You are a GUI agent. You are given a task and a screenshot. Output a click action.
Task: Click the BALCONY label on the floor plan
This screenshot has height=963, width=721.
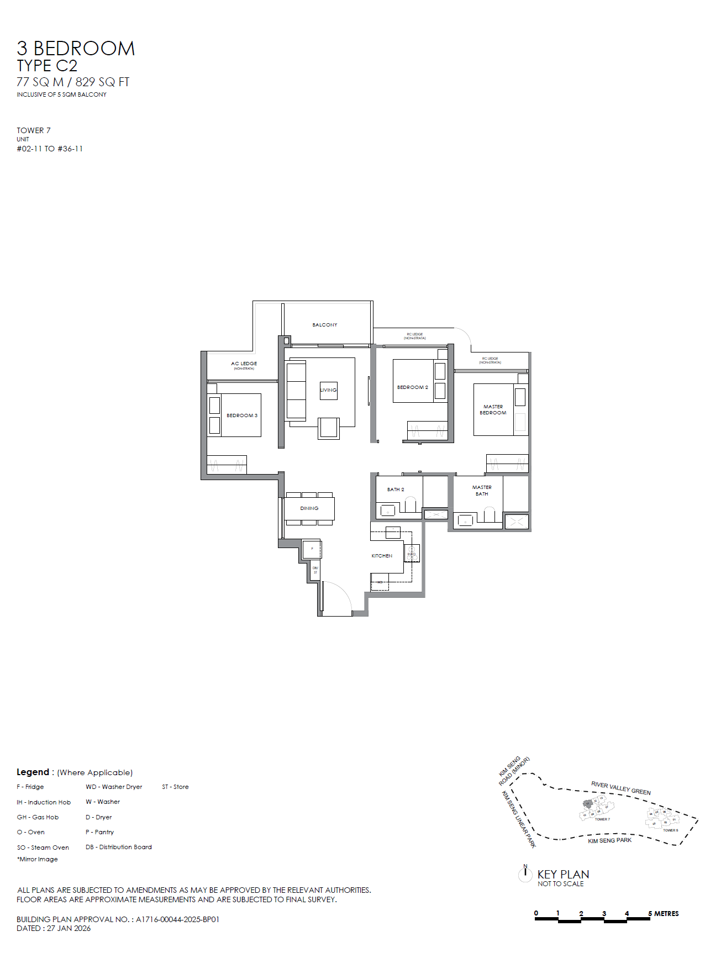(325, 325)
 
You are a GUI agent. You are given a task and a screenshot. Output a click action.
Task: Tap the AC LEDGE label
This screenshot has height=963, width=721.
(244, 364)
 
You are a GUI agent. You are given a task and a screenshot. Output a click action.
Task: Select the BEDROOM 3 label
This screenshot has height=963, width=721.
(242, 415)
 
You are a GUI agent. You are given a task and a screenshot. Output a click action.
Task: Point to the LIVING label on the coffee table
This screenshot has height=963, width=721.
(328, 390)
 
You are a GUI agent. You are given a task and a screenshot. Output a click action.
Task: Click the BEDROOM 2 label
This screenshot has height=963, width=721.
(412, 387)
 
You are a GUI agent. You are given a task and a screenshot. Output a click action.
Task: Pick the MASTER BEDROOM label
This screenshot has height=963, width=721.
(493, 409)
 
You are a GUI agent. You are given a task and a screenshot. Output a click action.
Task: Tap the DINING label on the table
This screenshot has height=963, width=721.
(309, 508)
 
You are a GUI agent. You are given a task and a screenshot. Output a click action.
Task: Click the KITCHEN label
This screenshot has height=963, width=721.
(382, 556)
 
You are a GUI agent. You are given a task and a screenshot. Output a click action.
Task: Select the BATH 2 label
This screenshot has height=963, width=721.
(396, 490)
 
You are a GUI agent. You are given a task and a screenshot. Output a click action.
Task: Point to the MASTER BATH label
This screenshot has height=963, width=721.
(482, 491)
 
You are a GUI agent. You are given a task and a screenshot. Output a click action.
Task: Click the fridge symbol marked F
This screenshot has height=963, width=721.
(312, 549)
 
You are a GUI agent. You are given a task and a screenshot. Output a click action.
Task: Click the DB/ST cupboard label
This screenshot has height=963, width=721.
(315, 570)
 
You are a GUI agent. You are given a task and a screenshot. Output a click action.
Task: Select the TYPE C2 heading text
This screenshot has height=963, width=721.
(47, 66)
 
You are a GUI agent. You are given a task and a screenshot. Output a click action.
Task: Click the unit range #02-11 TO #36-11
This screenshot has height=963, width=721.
(50, 149)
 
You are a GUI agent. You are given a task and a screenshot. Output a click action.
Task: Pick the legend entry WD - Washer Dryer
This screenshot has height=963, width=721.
(114, 787)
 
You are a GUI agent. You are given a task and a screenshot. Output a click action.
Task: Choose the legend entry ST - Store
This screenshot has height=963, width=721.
(175, 787)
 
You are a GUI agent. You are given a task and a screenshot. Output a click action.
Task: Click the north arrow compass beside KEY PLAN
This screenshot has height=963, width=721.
(525, 873)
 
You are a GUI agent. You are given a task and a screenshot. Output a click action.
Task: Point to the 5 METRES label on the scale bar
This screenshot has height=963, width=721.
(664, 914)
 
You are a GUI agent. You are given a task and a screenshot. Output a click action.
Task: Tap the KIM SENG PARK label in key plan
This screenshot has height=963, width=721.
(609, 840)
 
